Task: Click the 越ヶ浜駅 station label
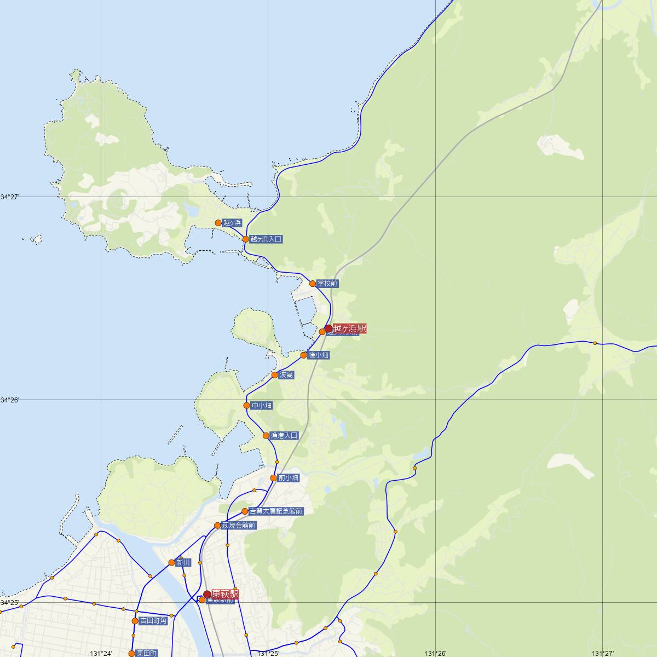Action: click(349, 328)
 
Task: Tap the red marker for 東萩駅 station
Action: click(207, 594)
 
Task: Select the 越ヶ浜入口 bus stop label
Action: click(266, 239)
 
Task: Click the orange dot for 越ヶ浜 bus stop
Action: click(218, 223)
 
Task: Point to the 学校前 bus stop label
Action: click(327, 284)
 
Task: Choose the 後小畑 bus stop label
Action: click(319, 355)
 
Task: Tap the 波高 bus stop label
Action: click(286, 375)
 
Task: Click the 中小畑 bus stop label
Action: click(261, 406)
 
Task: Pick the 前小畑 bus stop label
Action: click(289, 478)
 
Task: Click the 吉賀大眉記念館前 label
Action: click(276, 511)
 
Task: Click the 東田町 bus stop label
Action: click(147, 653)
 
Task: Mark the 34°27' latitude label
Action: click(9, 197)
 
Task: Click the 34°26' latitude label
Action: click(9, 400)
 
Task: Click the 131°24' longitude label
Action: click(101, 653)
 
